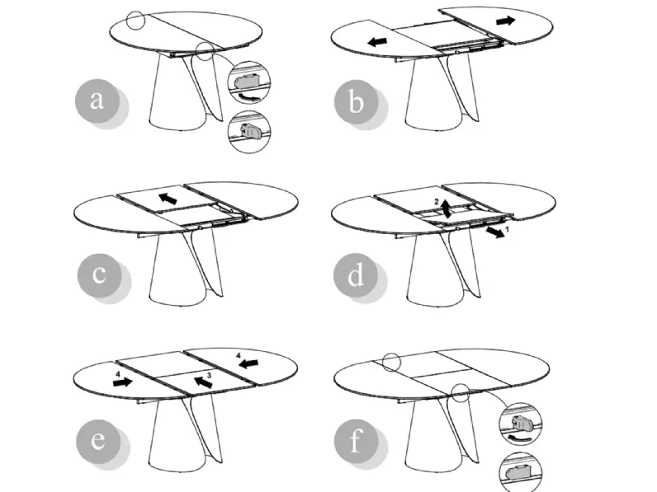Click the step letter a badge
tap(97, 101)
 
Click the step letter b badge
tap(357, 101)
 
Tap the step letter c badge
tap(99, 275)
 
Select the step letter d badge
tap(356, 275)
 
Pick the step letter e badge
tap(98, 441)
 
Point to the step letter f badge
tap(356, 441)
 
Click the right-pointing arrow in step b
tap(506, 21)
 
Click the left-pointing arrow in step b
tap(377, 41)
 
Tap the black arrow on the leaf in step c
tap(168, 199)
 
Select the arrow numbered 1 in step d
tap(495, 232)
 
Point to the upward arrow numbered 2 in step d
tap(447, 209)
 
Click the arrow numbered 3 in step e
tap(203, 382)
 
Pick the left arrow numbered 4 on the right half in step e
tap(248, 363)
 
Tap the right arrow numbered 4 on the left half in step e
tap(123, 382)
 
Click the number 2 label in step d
tap(437, 202)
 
